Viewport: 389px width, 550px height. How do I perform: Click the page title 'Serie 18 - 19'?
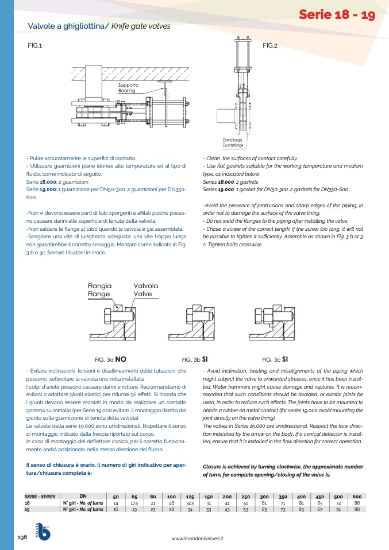tap(337, 16)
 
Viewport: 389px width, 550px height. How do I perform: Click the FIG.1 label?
tap(35, 45)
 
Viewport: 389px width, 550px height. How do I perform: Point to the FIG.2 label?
tap(270, 45)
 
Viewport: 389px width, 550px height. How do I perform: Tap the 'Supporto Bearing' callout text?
tap(128, 88)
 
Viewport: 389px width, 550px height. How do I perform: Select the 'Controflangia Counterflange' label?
tap(232, 142)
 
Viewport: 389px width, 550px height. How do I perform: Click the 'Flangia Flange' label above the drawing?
tap(99, 290)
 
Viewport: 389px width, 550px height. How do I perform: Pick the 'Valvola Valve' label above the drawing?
tap(145, 290)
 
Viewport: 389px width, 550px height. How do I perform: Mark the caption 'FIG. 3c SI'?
tap(274, 359)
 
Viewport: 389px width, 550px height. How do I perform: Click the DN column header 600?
tap(357, 496)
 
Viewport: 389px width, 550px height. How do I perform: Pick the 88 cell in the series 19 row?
tap(357, 509)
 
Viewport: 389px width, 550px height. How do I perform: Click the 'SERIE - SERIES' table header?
tap(40, 496)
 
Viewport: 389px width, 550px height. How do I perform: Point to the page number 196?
tap(22, 537)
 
